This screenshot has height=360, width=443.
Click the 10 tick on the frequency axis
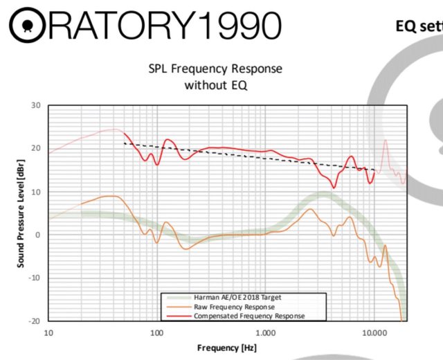pyautogui.click(x=48, y=331)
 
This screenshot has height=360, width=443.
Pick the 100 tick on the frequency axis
pyautogui.click(x=156, y=331)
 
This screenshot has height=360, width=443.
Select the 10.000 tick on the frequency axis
pyautogui.click(x=374, y=331)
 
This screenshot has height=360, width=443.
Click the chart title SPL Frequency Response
pyautogui.click(x=215, y=70)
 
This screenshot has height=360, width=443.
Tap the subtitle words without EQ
pyautogui.click(x=215, y=85)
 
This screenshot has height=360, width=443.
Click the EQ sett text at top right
pyautogui.click(x=418, y=26)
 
